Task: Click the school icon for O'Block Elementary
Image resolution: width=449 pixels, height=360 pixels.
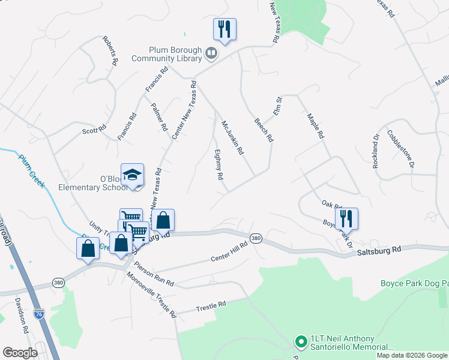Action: coord(132,175)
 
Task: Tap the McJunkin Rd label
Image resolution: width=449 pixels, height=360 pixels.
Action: coord(232,137)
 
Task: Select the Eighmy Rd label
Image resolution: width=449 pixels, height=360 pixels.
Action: coord(219,166)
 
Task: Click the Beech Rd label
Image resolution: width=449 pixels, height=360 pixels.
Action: coord(264,130)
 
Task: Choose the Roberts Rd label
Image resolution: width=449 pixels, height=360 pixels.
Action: coord(110,51)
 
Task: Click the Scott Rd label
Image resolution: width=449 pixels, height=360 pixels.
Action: coord(94,129)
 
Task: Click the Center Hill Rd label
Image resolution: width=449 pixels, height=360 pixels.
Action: coord(229,252)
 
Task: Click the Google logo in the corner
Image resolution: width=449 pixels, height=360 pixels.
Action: coord(20,353)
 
